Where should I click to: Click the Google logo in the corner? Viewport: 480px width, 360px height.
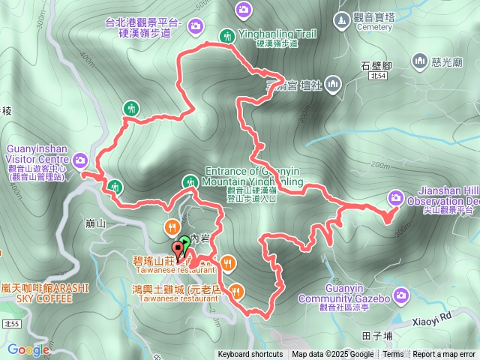pos(28,349)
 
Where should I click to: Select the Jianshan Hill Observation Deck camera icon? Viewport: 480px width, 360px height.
pos(395,198)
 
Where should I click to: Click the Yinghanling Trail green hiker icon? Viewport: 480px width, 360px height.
pos(226,35)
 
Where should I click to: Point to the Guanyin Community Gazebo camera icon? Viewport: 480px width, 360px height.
pos(402,296)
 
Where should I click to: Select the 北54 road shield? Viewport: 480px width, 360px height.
pos(378,76)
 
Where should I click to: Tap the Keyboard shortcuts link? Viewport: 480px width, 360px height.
pos(250,355)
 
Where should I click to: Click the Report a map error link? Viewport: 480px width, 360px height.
pos(443,355)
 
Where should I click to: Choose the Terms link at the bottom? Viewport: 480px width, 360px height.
pos(393,355)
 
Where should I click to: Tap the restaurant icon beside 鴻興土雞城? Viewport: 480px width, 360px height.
pos(238,290)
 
